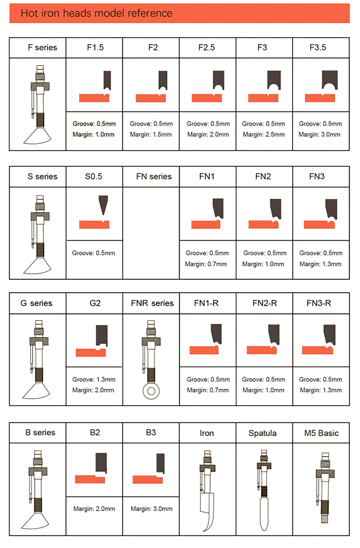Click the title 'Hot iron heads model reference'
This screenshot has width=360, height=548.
click(x=96, y=13)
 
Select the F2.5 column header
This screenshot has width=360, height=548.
click(x=207, y=48)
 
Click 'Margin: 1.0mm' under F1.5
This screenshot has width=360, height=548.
click(x=93, y=134)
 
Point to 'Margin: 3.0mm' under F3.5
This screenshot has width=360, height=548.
click(x=319, y=134)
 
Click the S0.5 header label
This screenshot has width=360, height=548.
click(x=93, y=176)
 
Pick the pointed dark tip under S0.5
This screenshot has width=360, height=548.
click(x=103, y=205)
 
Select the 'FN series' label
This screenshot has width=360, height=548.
click(x=154, y=176)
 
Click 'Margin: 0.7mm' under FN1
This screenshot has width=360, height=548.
click(x=206, y=264)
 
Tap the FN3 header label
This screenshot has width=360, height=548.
click(x=317, y=176)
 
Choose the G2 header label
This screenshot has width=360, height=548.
click(x=95, y=303)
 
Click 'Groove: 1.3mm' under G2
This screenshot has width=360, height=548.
click(x=94, y=379)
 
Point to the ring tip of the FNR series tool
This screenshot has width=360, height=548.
click(x=151, y=391)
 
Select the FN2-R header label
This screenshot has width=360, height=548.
click(x=265, y=303)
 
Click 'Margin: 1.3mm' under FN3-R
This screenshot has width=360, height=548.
click(x=321, y=390)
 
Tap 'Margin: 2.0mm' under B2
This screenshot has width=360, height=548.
click(x=94, y=509)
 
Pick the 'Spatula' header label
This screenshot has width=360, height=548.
click(x=263, y=433)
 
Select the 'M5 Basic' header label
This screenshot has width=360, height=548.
click(x=321, y=433)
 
